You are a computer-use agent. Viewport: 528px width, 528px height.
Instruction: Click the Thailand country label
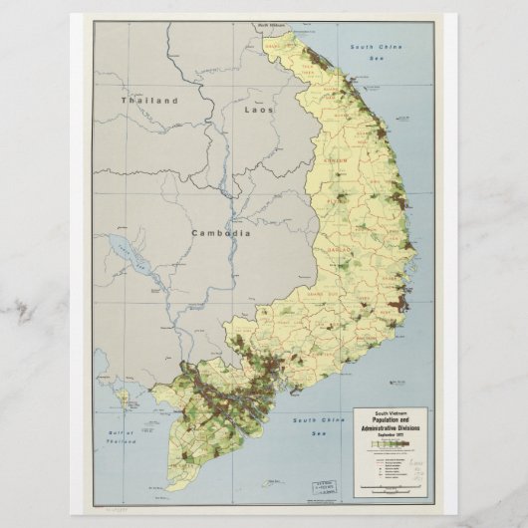pos(149,101)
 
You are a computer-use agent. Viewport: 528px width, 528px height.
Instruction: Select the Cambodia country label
pos(221,232)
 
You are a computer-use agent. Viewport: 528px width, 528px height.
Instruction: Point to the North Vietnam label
pos(271,23)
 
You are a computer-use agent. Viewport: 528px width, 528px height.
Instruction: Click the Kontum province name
pos(337,160)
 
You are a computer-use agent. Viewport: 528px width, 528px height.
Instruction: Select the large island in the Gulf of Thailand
pos(124,396)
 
